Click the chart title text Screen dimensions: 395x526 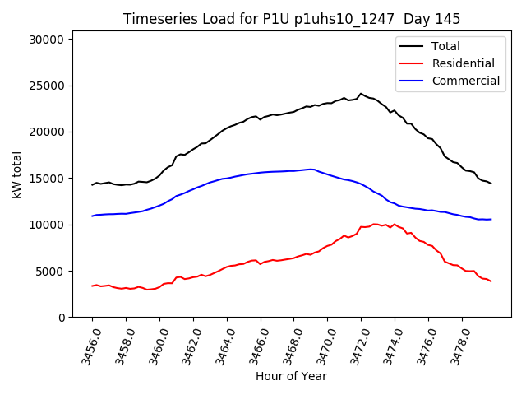coord(292,19)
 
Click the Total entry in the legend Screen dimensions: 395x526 coord(445,46)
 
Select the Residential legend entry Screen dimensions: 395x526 coord(463,63)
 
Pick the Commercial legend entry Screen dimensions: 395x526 coord(465,81)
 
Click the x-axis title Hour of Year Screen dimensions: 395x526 coord(291,376)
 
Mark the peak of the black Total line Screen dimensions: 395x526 coord(361,94)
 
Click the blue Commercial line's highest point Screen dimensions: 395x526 coord(311,170)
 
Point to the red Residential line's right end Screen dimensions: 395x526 coord(491,281)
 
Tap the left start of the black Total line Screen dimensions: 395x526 coord(92,184)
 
